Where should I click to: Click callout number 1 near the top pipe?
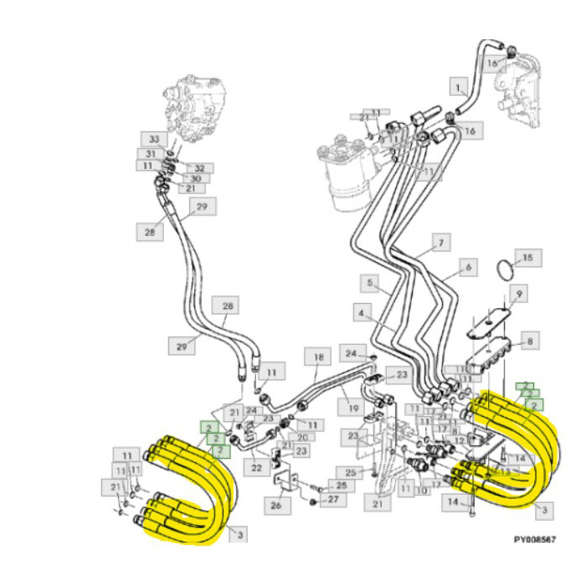click(458, 85)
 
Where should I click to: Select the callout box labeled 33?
click(152, 139)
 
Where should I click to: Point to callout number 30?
click(194, 178)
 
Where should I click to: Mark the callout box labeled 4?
click(362, 315)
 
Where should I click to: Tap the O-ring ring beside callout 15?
click(503, 270)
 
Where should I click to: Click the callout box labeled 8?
click(528, 341)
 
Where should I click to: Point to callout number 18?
click(317, 358)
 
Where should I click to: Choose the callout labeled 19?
click(352, 408)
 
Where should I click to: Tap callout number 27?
click(333, 500)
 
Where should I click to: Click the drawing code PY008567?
click(535, 541)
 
